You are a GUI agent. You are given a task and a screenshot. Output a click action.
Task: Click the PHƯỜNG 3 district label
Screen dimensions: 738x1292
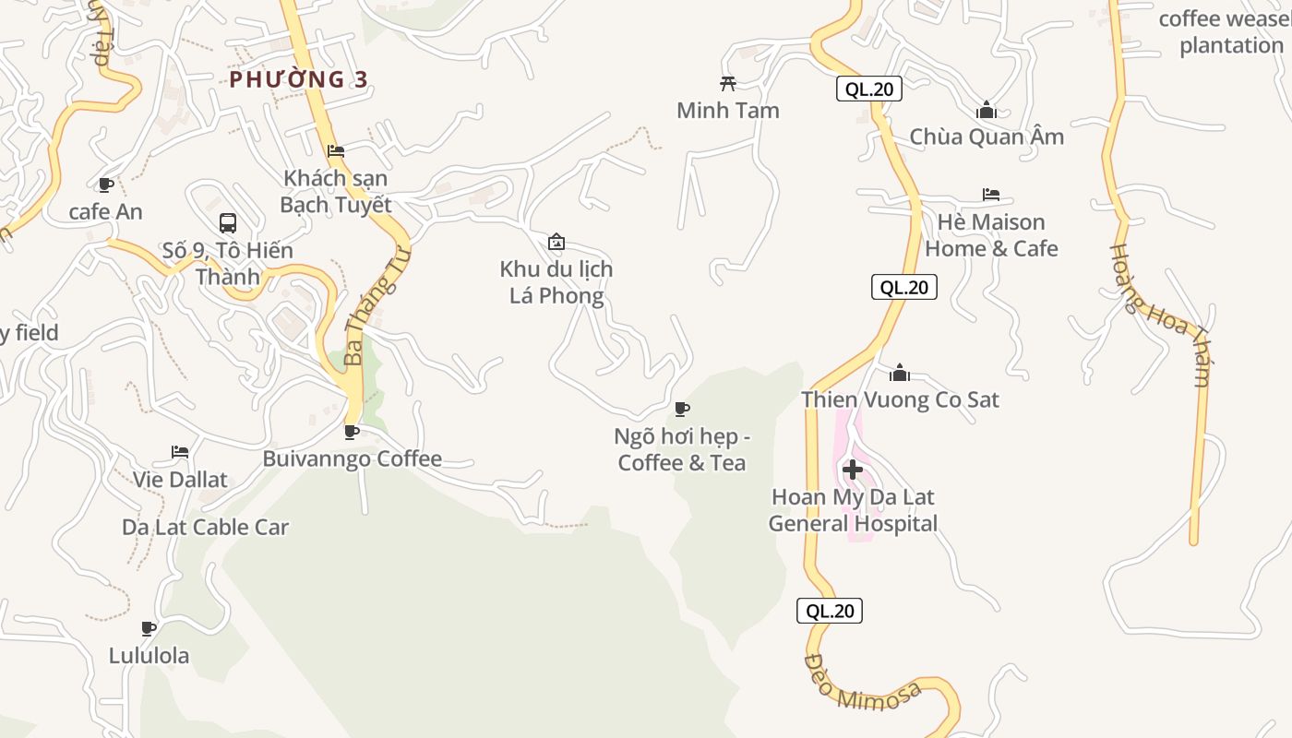[298, 79]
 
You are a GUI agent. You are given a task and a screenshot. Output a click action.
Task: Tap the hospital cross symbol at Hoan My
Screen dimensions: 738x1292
[853, 470]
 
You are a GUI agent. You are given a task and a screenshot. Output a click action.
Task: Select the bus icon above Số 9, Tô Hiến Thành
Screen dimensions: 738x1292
[228, 223]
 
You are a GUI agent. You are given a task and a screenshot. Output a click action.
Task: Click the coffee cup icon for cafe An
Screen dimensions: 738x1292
[106, 184]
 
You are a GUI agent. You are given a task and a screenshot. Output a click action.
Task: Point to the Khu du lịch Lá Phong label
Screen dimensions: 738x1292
[556, 282]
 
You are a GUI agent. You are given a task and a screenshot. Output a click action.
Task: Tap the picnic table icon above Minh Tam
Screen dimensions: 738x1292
[728, 84]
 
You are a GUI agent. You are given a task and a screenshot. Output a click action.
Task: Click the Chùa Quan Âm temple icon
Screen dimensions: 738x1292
[987, 111]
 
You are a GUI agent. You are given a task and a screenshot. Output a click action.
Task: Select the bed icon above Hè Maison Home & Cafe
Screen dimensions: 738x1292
[991, 195]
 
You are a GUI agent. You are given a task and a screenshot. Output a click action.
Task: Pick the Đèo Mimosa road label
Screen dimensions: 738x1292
[862, 683]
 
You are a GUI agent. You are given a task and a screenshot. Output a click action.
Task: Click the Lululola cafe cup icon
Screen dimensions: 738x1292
[148, 629]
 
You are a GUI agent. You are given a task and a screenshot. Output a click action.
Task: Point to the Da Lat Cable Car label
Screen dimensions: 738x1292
[205, 528]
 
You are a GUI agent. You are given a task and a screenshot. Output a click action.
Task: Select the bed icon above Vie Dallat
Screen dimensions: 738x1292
[180, 452]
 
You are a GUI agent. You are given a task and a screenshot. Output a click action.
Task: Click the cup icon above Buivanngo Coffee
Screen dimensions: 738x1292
[352, 431]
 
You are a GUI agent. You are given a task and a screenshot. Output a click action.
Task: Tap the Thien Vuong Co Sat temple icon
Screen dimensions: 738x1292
[900, 373]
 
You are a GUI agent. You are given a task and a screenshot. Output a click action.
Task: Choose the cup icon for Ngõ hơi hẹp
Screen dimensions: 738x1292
[682, 409]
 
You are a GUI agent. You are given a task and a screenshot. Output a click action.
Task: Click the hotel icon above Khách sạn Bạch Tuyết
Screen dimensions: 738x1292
[336, 150]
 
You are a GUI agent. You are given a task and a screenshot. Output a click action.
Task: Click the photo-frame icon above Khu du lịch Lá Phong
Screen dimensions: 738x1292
[556, 243]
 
